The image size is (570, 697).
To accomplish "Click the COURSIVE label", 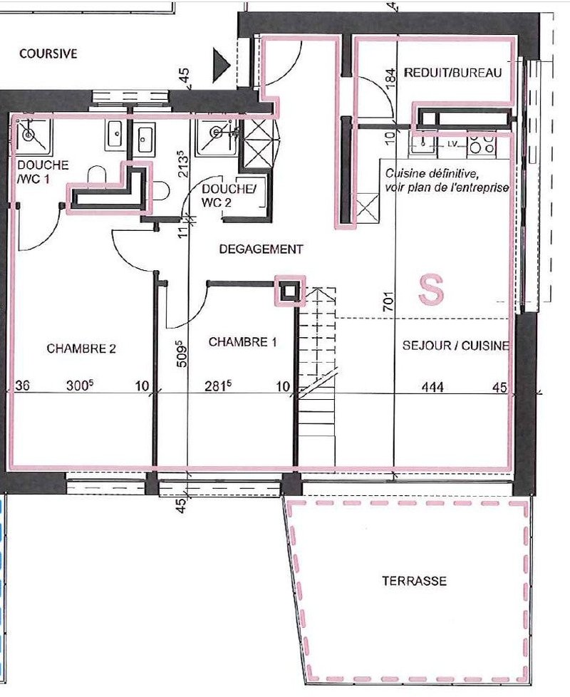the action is coord(48,53).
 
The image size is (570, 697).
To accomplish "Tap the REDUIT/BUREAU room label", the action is coord(452,73).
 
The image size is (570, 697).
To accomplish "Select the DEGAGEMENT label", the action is coord(261,249).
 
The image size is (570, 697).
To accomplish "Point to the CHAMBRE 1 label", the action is coord(242,342).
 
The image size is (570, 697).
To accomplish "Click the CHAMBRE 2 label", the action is coord(81,348).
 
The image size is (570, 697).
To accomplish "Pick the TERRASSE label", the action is coord(415,581).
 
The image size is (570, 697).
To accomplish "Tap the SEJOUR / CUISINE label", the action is coord(456,346).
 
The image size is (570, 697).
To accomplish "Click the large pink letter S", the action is coord(431,289).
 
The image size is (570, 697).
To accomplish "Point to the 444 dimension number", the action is coord(432,387).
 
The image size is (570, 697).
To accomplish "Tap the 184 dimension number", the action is coord(390,78).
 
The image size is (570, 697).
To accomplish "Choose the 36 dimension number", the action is coord(22,385).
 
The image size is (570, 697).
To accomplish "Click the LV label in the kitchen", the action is coord(452,143).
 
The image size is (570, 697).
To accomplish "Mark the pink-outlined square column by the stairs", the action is coord(290,291).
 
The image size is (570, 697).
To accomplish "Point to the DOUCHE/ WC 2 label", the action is coord(228,195).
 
